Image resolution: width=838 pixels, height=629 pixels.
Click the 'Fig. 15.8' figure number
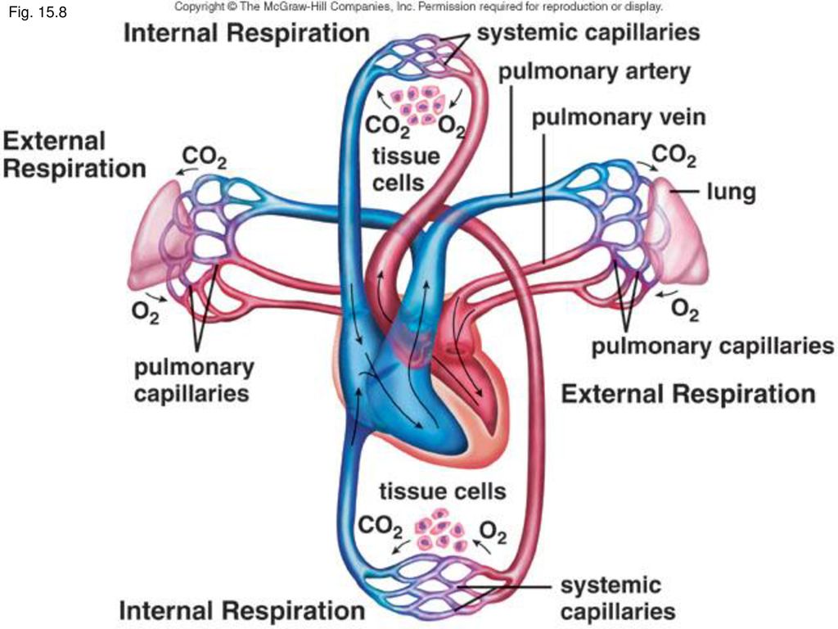pyautogui.click(x=38, y=12)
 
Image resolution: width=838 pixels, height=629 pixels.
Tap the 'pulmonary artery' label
pyautogui.click(x=594, y=72)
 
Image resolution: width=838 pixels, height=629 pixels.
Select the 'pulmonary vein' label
pyautogui.click(x=619, y=118)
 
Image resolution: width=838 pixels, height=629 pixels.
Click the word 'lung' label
pyautogui.click(x=731, y=192)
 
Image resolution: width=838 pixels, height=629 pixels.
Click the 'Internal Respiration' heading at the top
pyautogui.click(x=246, y=33)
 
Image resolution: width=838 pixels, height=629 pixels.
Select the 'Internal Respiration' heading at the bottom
pyautogui.click(x=241, y=610)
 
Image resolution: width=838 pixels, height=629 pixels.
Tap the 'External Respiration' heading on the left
pyautogui.click(x=74, y=155)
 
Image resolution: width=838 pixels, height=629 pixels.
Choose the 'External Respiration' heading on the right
pyautogui.click(x=688, y=394)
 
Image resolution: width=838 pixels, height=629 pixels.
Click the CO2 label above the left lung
pyautogui.click(x=204, y=156)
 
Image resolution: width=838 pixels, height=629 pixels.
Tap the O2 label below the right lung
pyautogui.click(x=685, y=310)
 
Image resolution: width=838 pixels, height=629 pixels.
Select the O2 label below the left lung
pyautogui.click(x=146, y=312)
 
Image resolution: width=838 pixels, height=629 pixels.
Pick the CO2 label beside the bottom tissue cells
pyautogui.click(x=380, y=527)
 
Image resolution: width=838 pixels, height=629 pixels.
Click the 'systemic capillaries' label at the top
pyautogui.click(x=588, y=33)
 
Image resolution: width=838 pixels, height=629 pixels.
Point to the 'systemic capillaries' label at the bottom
pyautogui.click(x=618, y=598)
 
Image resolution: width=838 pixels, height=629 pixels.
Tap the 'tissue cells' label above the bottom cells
pyautogui.click(x=443, y=491)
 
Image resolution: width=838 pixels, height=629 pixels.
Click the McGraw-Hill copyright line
pyautogui.click(x=418, y=7)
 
